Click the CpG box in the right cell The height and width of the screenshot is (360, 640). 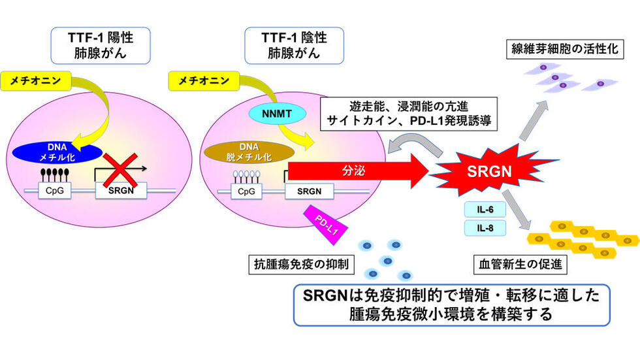click(x=246, y=191)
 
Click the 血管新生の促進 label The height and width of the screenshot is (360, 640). click(x=520, y=266)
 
